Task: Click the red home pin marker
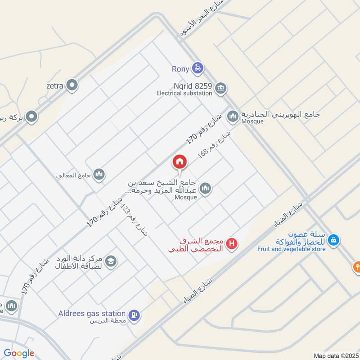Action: click(179, 162)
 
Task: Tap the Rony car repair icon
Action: click(197, 68)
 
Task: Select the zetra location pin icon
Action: click(72, 85)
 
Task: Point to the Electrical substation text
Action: click(184, 94)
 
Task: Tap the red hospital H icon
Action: click(232, 244)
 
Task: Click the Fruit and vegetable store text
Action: click(291, 248)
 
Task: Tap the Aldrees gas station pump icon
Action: click(134, 315)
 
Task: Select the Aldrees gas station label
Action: click(91, 313)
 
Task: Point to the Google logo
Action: click(19, 353)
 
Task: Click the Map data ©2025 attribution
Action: click(336, 356)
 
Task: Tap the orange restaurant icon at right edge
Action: click(357, 266)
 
